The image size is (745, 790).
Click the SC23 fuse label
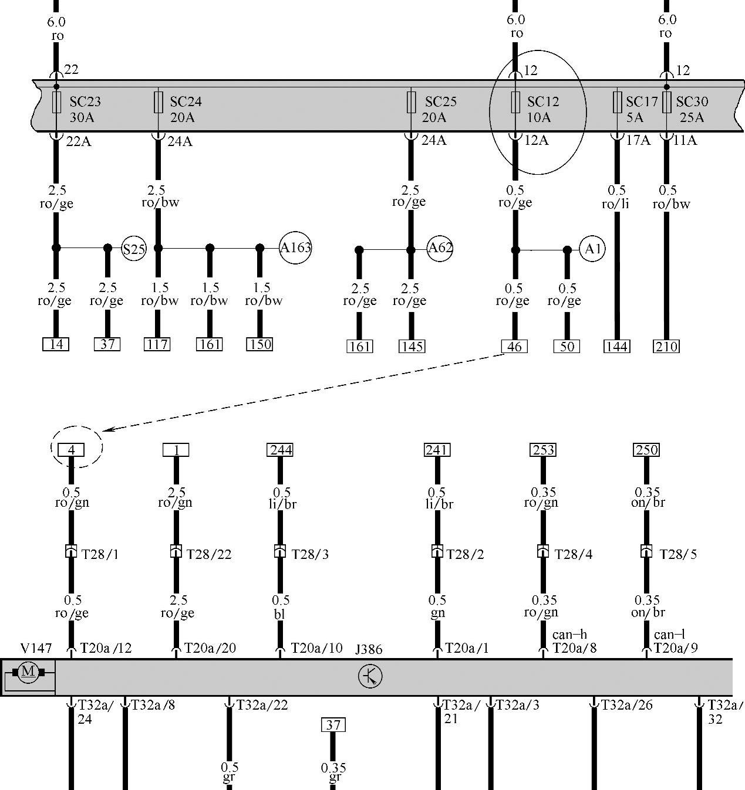pos(85,101)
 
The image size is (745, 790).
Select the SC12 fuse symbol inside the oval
pos(515,102)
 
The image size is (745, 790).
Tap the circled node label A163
pos(295,247)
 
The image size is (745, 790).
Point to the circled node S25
pos(134,249)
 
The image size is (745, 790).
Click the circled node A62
pos(440,247)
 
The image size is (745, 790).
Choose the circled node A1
pos(592,249)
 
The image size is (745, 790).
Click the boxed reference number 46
pos(514,347)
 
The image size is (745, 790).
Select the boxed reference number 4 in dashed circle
pos(72,450)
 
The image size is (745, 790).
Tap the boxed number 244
pos(280,450)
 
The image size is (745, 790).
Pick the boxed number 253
pos(543,450)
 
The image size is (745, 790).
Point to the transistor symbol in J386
pos(370,677)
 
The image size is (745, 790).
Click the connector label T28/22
pos(209,554)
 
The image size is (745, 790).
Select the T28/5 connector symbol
pos(646,552)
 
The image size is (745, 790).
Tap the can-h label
pos(569,635)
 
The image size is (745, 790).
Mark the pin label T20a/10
pos(316,648)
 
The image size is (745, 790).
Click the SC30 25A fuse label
pos(692,109)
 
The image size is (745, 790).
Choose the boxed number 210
pos(666,347)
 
